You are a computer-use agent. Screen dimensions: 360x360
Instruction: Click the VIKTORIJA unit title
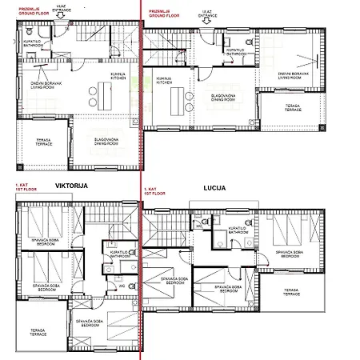click(x=70, y=186)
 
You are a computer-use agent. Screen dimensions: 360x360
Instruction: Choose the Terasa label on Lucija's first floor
click(x=290, y=292)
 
